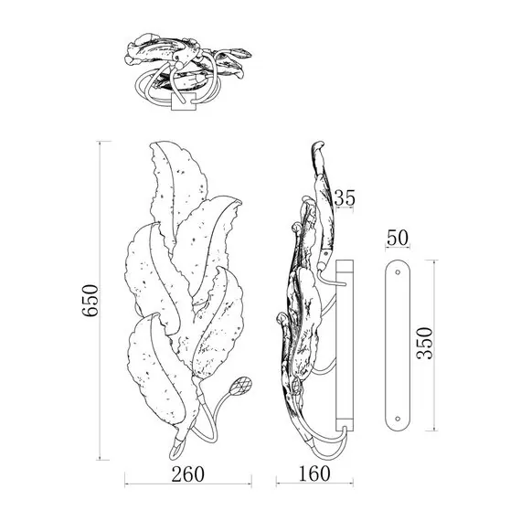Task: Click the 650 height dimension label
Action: pyautogui.click(x=90, y=301)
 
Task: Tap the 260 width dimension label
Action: pyautogui.click(x=187, y=474)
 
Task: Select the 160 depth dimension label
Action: pyautogui.click(x=314, y=473)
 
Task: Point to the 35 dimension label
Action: pyautogui.click(x=345, y=197)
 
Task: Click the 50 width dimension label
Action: pyautogui.click(x=398, y=238)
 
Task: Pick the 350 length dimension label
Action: pyautogui.click(x=425, y=344)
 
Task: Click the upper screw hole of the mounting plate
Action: pyautogui.click(x=398, y=272)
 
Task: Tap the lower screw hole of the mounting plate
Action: pyautogui.click(x=398, y=419)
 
